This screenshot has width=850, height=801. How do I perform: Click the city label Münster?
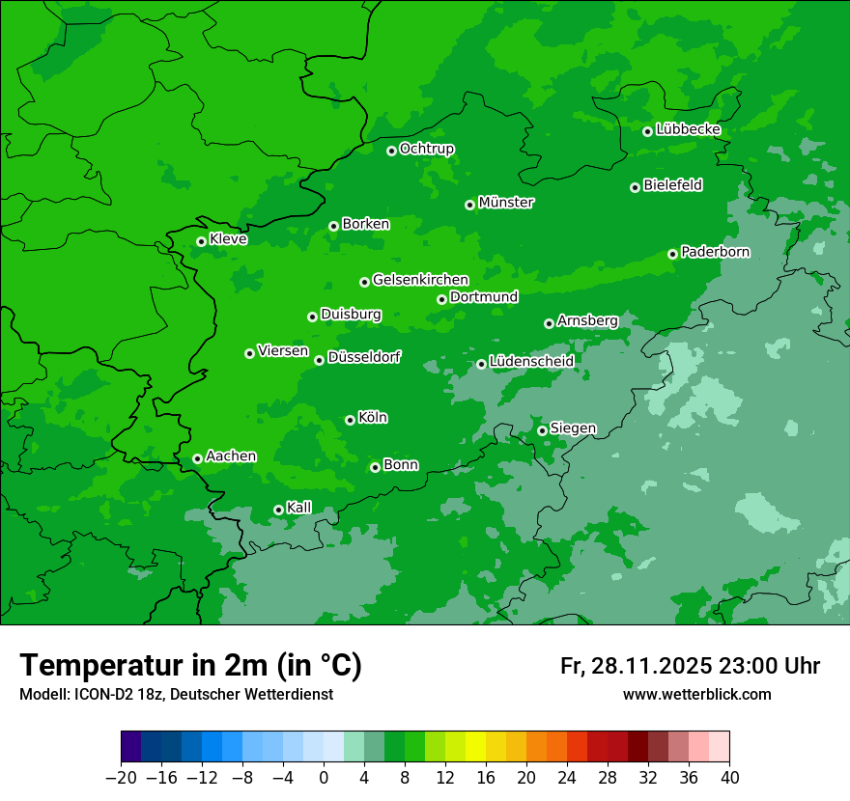coord(506,203)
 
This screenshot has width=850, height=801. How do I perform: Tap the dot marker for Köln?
coord(350,420)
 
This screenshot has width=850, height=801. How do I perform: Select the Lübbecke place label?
coord(688,129)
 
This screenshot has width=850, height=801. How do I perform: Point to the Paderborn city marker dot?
coord(672,254)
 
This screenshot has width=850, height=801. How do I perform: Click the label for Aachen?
coord(231,456)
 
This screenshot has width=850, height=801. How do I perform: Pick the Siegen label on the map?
coord(573,428)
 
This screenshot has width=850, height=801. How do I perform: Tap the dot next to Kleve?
coord(201,241)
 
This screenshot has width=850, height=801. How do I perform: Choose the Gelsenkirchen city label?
coord(420,280)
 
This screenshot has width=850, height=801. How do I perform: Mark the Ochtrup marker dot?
coord(391,151)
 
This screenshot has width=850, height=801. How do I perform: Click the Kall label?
coord(299,508)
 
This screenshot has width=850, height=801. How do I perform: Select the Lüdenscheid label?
coord(531,362)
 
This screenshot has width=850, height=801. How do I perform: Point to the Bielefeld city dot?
coord(635,187)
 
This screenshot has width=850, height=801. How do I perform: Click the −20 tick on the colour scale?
coord(121,777)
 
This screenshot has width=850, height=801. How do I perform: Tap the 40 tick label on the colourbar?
coord(729,777)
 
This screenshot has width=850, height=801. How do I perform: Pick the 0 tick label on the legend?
coord(324,777)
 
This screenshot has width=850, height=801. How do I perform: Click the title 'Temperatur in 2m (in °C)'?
coord(190,666)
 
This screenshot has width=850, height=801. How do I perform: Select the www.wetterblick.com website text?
coord(696,695)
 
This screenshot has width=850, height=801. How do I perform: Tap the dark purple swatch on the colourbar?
coord(130,747)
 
